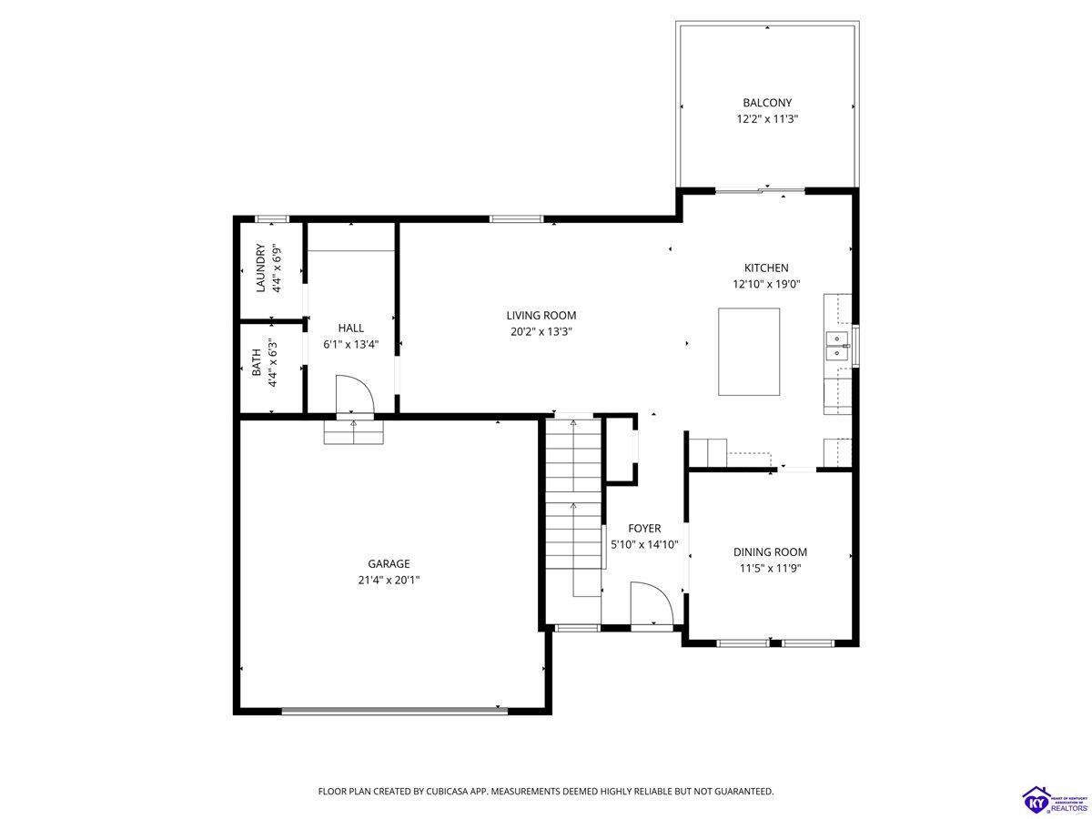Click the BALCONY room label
point(766,103)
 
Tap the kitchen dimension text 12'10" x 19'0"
point(766,284)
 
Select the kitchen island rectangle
point(748,351)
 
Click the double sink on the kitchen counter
point(838,346)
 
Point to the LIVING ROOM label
point(541,315)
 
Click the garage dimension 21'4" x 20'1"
point(389,580)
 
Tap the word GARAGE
point(389,563)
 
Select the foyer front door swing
point(652,602)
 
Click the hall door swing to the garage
point(355,395)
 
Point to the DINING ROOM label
point(770,551)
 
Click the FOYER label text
point(644,528)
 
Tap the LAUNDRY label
point(260,268)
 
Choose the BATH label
point(257,361)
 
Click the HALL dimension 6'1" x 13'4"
point(351,344)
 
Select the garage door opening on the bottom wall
point(395,711)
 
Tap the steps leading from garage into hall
point(354,432)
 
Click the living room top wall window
point(516,218)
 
